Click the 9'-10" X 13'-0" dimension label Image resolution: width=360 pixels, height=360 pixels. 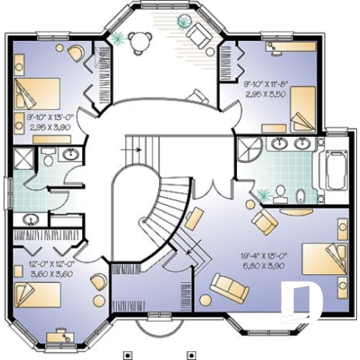pos(48,117)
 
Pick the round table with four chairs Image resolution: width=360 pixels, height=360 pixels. pos(137,41)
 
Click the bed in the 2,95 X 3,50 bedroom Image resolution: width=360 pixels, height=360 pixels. pos(302,109)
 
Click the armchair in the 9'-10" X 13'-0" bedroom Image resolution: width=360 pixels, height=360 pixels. pos(75,53)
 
